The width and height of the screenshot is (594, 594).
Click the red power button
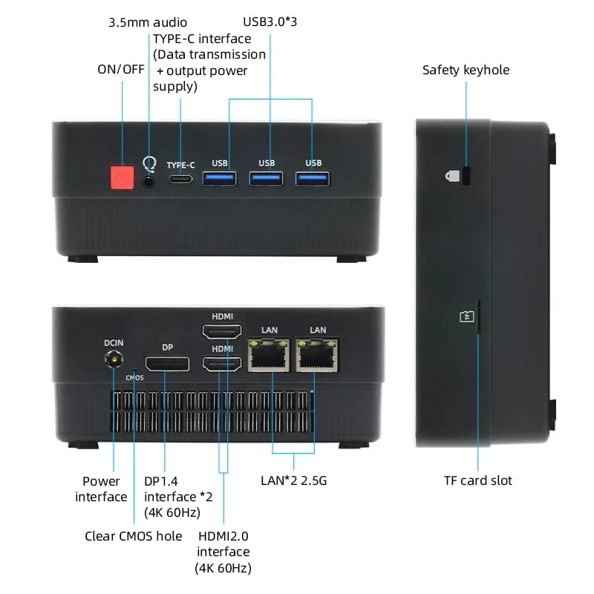pos(122,178)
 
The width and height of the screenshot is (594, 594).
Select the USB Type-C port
pos(180,179)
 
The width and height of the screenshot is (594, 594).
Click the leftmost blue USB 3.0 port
pos(220,178)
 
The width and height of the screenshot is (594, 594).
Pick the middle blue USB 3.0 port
pos(267,178)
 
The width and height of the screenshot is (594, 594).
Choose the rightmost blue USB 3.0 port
pos(313,178)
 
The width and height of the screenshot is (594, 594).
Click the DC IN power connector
pos(114,361)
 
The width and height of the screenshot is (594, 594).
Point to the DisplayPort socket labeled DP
pos(166,364)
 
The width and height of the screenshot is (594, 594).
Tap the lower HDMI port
pos(222,364)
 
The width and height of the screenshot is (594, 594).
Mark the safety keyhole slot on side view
pos(466,175)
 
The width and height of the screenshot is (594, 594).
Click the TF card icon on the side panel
pos(466,316)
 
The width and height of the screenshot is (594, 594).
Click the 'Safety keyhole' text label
pos(466,70)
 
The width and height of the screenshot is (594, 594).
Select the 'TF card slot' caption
pos(477,480)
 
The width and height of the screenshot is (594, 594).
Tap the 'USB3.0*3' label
pos(270,22)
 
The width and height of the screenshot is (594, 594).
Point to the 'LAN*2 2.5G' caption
pos(294,480)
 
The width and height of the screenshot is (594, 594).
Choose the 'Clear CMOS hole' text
pos(133,536)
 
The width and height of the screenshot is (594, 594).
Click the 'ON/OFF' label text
pos(120,69)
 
